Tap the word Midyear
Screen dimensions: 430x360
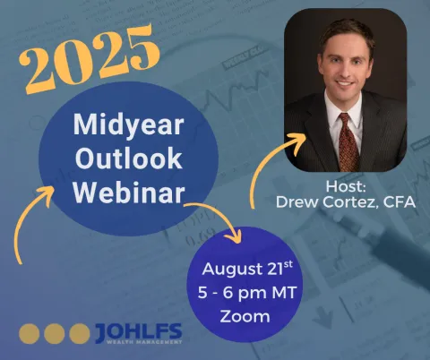click(x=128, y=125)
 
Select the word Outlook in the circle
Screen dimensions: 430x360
click(x=129, y=158)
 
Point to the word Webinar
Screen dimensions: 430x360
click(x=129, y=193)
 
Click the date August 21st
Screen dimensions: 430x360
click(x=247, y=268)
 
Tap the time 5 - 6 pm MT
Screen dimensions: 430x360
click(x=246, y=293)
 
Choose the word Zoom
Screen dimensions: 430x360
click(x=245, y=316)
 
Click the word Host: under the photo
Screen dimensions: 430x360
click(x=346, y=186)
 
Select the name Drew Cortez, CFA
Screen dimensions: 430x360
click(x=346, y=202)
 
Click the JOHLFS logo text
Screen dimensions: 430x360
click(x=139, y=331)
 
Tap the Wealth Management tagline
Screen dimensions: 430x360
click(x=144, y=342)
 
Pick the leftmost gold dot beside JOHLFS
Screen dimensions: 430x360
click(x=30, y=334)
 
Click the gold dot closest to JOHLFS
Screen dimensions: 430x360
click(x=80, y=334)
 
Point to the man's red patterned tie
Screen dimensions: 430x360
click(x=348, y=142)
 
